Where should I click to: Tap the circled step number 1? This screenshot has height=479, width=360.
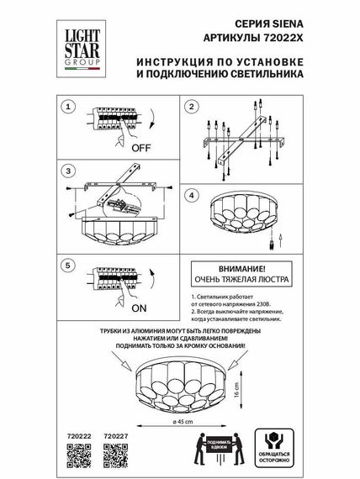pyautogui.click(x=71, y=108)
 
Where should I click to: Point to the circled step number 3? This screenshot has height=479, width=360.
pyautogui.click(x=71, y=171)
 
